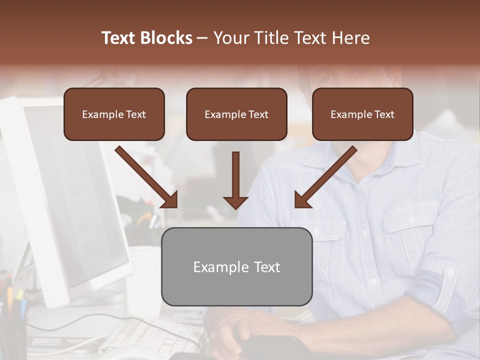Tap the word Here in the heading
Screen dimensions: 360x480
pos(351,38)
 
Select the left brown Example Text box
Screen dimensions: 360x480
pos(114,114)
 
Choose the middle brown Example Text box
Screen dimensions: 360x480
pos(236,114)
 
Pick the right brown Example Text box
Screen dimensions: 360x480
pos(362,114)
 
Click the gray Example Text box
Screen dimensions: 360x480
pos(236,266)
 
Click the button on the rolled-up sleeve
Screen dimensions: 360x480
pos(451,273)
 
